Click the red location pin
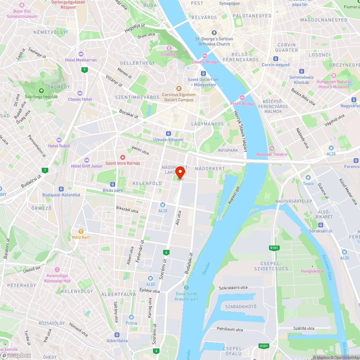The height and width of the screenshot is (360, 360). coord(180,172)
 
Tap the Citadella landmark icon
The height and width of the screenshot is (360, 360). coord(168,48)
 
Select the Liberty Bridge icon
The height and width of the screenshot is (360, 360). coord(205,56)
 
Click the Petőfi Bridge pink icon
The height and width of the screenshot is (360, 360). coord(242,98)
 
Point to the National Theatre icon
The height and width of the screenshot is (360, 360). coord(271,148)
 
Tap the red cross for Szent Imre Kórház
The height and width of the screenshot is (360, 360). coord(122,157)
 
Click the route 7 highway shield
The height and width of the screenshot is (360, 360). coord(84,69)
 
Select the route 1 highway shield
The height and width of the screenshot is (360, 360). coord(45,170)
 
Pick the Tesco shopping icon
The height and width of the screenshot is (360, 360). coord(308,177)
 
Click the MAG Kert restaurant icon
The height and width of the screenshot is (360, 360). coord(81,231)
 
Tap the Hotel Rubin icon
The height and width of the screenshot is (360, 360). coord(59,140)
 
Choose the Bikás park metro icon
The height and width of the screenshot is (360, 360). coord(113,184)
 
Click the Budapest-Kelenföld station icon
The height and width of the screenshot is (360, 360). coord(61,189)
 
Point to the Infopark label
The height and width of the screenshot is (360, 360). coord(228,150)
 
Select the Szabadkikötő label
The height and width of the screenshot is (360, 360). coord(240,306)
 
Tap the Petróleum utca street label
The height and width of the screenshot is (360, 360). coord(230,329)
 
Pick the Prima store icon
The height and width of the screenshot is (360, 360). coord(131,317)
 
